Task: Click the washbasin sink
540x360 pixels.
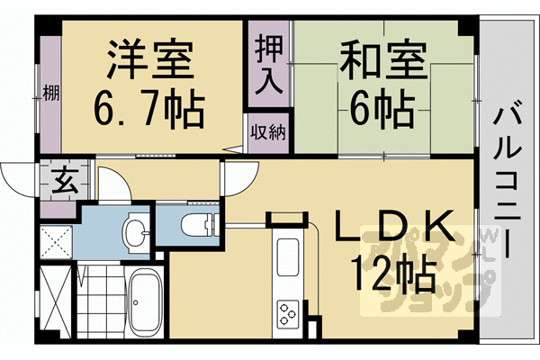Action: tap(136, 232)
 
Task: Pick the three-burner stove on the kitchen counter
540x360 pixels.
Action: tap(291, 314)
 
